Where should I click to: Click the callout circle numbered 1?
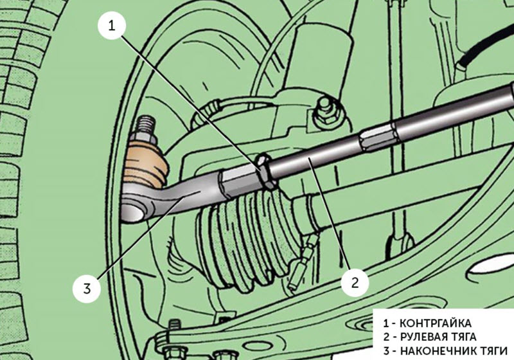tap(111, 26)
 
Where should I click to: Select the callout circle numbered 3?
tap(85, 287)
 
